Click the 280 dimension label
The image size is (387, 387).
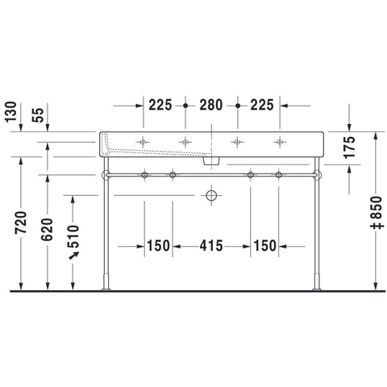pyautogui.click(x=211, y=105)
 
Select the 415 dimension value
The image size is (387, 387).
pyautogui.click(x=211, y=246)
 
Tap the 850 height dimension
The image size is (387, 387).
pyautogui.click(x=376, y=213)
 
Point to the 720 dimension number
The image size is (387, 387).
pyautogui.click(x=21, y=223)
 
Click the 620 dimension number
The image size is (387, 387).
pyautogui.click(x=47, y=229)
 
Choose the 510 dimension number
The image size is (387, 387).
pyautogui.click(x=73, y=236)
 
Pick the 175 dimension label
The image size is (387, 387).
pyautogui.click(x=349, y=148)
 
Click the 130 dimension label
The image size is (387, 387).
pyautogui.click(x=10, y=112)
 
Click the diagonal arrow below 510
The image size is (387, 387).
pyautogui.click(x=74, y=256)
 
